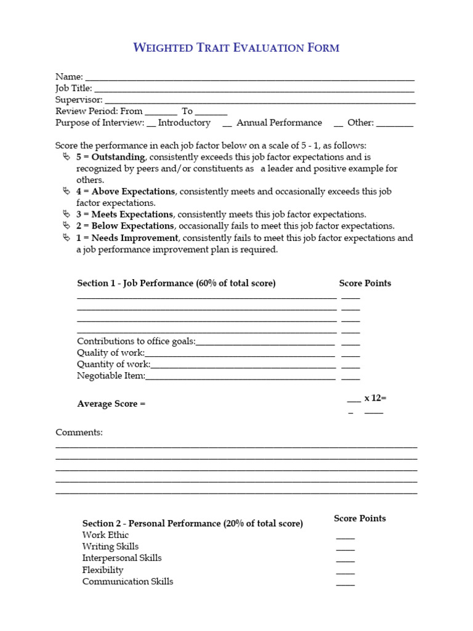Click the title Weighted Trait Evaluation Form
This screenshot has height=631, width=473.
click(x=236, y=47)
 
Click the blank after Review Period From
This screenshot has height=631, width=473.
click(x=161, y=113)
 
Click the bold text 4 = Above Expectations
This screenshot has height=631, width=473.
click(x=126, y=192)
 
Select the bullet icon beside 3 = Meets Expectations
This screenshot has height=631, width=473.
click(x=67, y=214)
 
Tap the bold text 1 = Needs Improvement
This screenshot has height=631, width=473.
click(x=127, y=238)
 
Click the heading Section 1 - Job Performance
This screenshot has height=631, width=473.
click(x=176, y=283)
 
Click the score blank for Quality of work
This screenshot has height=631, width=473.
click(x=350, y=355)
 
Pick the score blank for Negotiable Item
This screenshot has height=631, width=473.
click(x=350, y=378)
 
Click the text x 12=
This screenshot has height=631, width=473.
click(x=375, y=398)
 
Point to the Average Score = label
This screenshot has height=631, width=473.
click(x=111, y=404)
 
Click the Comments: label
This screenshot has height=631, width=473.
click(x=79, y=433)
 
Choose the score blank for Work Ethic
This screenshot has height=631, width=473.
click(x=346, y=537)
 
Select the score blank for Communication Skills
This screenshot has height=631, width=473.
click(x=346, y=584)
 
